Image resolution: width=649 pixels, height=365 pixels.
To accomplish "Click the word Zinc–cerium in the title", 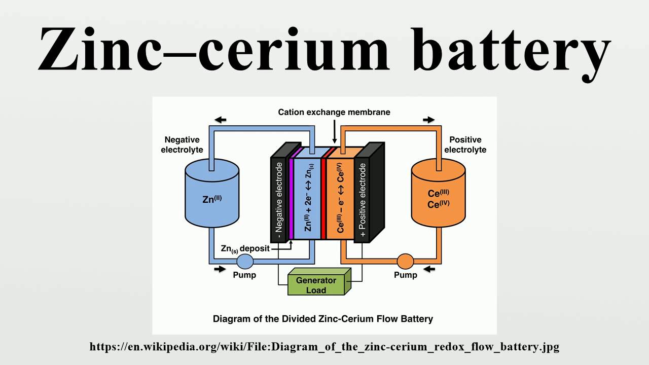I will click(x=213, y=50).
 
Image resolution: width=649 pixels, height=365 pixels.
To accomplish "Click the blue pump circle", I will click(x=245, y=262).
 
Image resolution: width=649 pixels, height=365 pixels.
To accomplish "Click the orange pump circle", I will click(x=405, y=262).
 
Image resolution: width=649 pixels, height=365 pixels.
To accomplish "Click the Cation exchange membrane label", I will click(x=334, y=112).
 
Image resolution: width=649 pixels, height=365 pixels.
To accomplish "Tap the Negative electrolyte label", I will click(x=182, y=144).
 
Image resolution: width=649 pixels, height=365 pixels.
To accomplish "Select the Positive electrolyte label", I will click(x=465, y=144).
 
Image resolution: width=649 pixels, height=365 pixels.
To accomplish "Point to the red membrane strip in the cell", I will click(x=323, y=198).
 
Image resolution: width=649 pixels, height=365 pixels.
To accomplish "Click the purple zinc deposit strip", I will click(x=292, y=198).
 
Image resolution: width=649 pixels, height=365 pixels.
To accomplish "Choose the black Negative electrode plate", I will click(x=278, y=198).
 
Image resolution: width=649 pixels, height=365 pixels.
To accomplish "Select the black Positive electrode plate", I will click(x=362, y=200).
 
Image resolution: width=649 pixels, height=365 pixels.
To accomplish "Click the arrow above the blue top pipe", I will click(x=221, y=120).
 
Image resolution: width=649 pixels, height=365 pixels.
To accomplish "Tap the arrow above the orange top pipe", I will click(x=429, y=120).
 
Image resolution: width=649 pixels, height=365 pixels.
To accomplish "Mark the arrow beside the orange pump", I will click(x=429, y=269).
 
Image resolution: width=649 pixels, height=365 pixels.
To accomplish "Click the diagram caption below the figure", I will click(x=323, y=319).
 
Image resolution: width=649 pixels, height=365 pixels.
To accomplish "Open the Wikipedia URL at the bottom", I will click(x=324, y=347).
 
